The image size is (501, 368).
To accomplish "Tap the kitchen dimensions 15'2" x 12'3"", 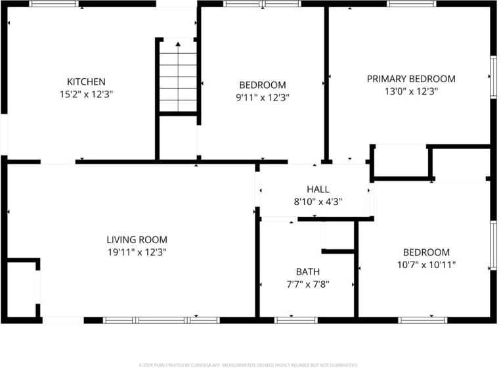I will [86, 94].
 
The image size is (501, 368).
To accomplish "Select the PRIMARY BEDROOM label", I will [411, 79].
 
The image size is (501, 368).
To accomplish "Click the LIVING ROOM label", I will [137, 240].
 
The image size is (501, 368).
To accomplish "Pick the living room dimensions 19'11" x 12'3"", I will [137, 252].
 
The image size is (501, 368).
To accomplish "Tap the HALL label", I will [318, 189].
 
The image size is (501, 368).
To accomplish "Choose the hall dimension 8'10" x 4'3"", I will [318, 202].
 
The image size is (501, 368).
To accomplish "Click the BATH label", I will [307, 271].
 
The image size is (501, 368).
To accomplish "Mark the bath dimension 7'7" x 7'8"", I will [307, 285].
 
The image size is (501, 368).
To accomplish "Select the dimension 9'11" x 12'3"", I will [263, 97].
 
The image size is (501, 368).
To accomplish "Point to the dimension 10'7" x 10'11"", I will [426, 265].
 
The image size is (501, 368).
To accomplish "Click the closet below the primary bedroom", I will [400, 161].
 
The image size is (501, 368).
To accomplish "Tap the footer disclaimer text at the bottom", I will [250, 364].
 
